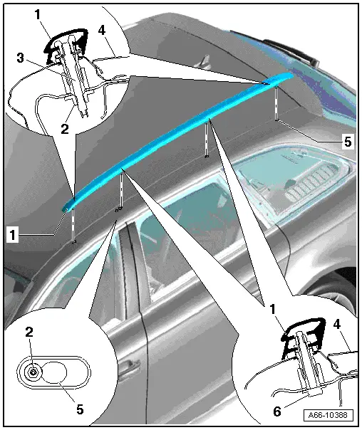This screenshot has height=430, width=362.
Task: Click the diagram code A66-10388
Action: tap(329, 415)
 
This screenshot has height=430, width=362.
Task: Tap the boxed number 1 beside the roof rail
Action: tap(13, 236)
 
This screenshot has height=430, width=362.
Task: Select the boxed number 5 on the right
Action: tap(348, 142)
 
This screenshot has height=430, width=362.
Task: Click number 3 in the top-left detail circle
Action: tap(21, 58)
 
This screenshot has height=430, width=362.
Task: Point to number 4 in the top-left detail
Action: tap(102, 30)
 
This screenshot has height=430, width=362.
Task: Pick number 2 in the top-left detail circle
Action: tap(65, 129)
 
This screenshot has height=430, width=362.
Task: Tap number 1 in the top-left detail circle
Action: tap(38, 14)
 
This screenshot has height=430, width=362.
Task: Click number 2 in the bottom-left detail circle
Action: tap(29, 332)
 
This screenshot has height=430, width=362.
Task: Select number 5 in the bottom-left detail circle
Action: tap(80, 409)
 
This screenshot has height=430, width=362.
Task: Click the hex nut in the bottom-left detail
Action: tap(33, 372)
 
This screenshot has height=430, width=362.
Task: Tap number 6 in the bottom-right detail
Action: tap(277, 411)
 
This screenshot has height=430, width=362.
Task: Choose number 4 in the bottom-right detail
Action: tap(337, 325)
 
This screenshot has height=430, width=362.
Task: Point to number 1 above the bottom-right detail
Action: tap(272, 310)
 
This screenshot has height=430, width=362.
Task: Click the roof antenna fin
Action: tap(205, 61)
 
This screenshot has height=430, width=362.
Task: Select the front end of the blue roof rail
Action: tap(66, 209)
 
